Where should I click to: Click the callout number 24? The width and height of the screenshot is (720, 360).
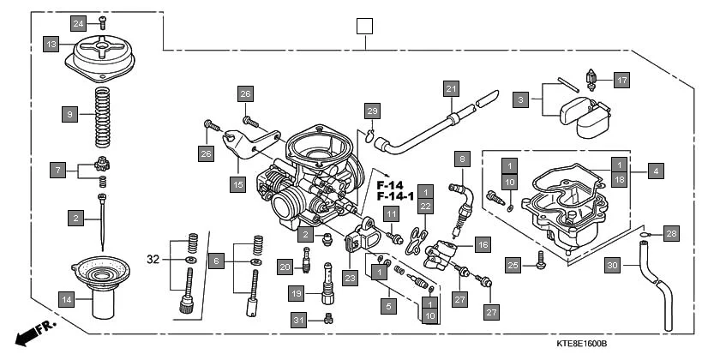[x=78, y=22]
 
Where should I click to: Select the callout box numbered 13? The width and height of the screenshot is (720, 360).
[x=51, y=43]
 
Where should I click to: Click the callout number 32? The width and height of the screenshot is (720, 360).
[x=153, y=258]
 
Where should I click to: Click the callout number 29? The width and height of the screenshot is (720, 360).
[x=371, y=111]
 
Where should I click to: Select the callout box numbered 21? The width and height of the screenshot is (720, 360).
[x=451, y=88]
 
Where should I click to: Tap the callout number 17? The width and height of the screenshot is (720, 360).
[x=621, y=81]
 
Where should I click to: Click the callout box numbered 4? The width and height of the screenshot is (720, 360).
[x=655, y=171]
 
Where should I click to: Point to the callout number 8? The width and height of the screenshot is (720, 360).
[x=463, y=159]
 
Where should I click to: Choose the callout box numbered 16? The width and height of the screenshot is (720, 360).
[x=483, y=244]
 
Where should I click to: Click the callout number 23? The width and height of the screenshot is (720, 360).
[x=350, y=277]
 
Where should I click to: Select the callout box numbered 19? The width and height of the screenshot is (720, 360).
[x=297, y=293]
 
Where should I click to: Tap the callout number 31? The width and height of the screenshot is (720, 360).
[x=297, y=320]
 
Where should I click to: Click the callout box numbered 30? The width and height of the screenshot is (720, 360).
[x=611, y=265]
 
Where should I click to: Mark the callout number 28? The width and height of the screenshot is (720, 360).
[x=671, y=233]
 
